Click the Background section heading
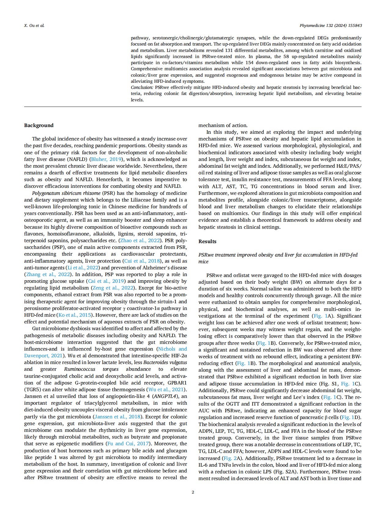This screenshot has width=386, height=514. [39, 125]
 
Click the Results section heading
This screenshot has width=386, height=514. [207, 241]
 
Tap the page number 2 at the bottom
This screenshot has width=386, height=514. [193, 492]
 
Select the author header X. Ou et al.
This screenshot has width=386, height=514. [34, 25]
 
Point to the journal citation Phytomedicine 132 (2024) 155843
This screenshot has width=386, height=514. [330, 25]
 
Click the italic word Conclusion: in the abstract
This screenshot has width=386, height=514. [142, 87]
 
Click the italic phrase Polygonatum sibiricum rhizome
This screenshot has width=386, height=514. [66, 193]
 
